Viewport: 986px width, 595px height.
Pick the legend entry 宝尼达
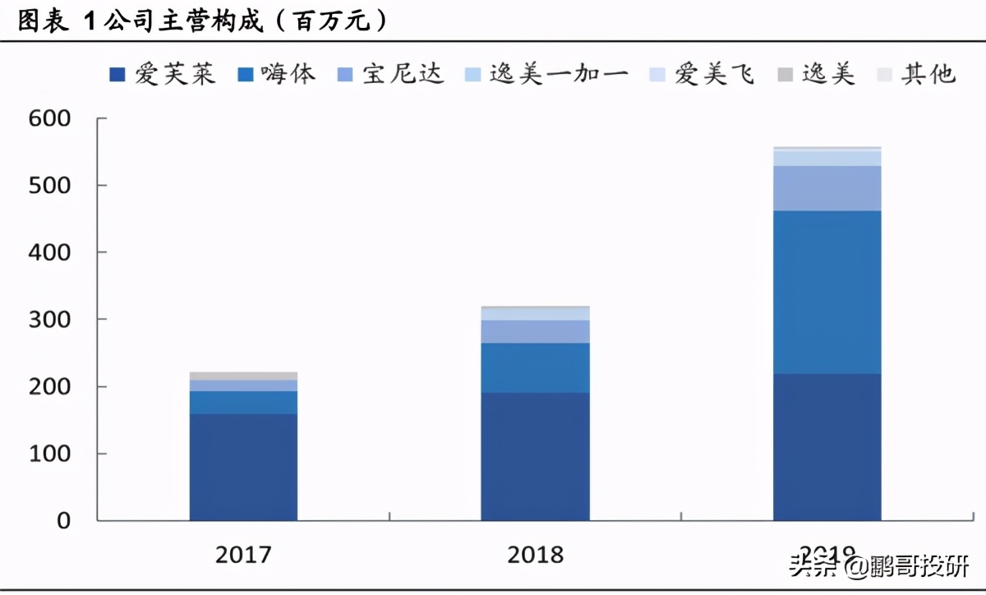[390, 75]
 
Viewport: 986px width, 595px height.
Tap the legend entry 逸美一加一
[546, 75]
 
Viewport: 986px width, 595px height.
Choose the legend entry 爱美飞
[702, 75]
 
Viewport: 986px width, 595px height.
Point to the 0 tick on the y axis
[62, 520]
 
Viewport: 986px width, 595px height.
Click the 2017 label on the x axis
[243, 555]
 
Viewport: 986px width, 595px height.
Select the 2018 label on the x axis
[536, 555]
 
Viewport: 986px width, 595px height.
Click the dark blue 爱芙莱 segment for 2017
[243, 467]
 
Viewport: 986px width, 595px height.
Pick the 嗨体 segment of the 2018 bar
[536, 367]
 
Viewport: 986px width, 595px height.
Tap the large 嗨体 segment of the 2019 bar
[827, 292]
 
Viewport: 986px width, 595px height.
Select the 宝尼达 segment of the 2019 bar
[827, 188]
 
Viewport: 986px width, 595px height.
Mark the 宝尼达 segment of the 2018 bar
[536, 331]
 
